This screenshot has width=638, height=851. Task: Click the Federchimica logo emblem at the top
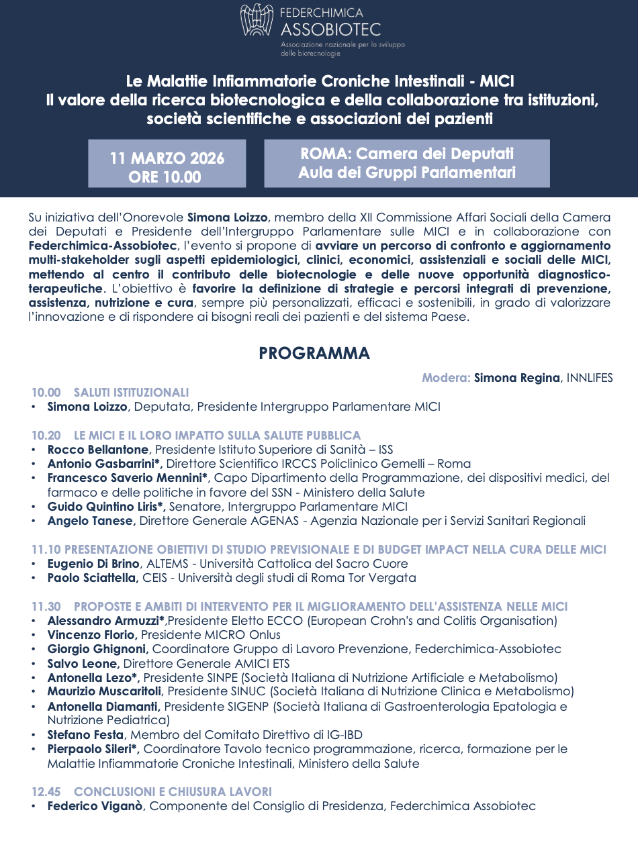click(257, 20)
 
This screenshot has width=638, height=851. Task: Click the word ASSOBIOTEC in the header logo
click(330, 29)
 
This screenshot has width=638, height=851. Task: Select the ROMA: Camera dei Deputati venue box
click(407, 163)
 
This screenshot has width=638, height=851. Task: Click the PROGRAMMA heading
click(314, 354)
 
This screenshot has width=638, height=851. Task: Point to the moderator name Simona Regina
click(516, 378)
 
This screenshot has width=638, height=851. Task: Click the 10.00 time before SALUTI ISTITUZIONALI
click(46, 393)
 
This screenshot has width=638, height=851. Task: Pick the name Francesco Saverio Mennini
click(128, 478)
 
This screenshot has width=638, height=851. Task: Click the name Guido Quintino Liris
click(105, 507)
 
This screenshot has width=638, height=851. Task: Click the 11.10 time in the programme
click(46, 550)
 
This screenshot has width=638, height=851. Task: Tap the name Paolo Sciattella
click(93, 578)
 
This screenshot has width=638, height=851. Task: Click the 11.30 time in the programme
click(46, 607)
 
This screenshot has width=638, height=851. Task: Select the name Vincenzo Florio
click(92, 635)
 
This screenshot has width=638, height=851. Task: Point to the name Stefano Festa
click(85, 735)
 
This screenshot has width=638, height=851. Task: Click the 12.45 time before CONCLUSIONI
click(46, 792)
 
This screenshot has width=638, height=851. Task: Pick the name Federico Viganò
click(95, 806)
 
